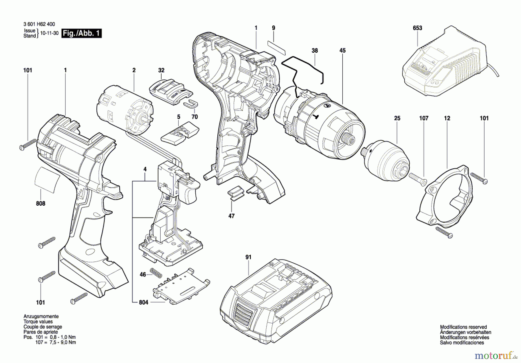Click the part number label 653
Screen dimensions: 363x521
(x=417, y=28)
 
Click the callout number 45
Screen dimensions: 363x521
(x=342, y=51)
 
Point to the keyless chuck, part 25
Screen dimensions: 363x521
(x=388, y=161)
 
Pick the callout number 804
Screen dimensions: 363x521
(x=144, y=302)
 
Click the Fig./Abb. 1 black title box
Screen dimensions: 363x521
(x=82, y=33)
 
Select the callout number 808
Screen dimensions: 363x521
(x=41, y=204)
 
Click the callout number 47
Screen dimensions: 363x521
(x=231, y=216)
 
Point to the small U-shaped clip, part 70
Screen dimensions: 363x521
(x=191, y=103)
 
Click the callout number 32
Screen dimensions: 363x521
(x=161, y=70)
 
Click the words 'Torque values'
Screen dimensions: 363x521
(x=38, y=322)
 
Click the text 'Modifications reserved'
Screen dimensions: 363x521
(x=463, y=327)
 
